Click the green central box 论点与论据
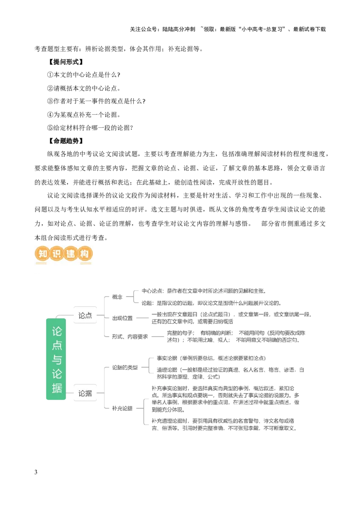56,359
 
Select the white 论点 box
85,316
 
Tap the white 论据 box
85,393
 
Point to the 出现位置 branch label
122,318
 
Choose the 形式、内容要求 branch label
130,336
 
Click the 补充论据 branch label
122,409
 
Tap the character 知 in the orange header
42,254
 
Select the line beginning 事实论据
210,358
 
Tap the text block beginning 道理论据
229,373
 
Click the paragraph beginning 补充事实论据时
225,399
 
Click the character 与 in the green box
57,360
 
